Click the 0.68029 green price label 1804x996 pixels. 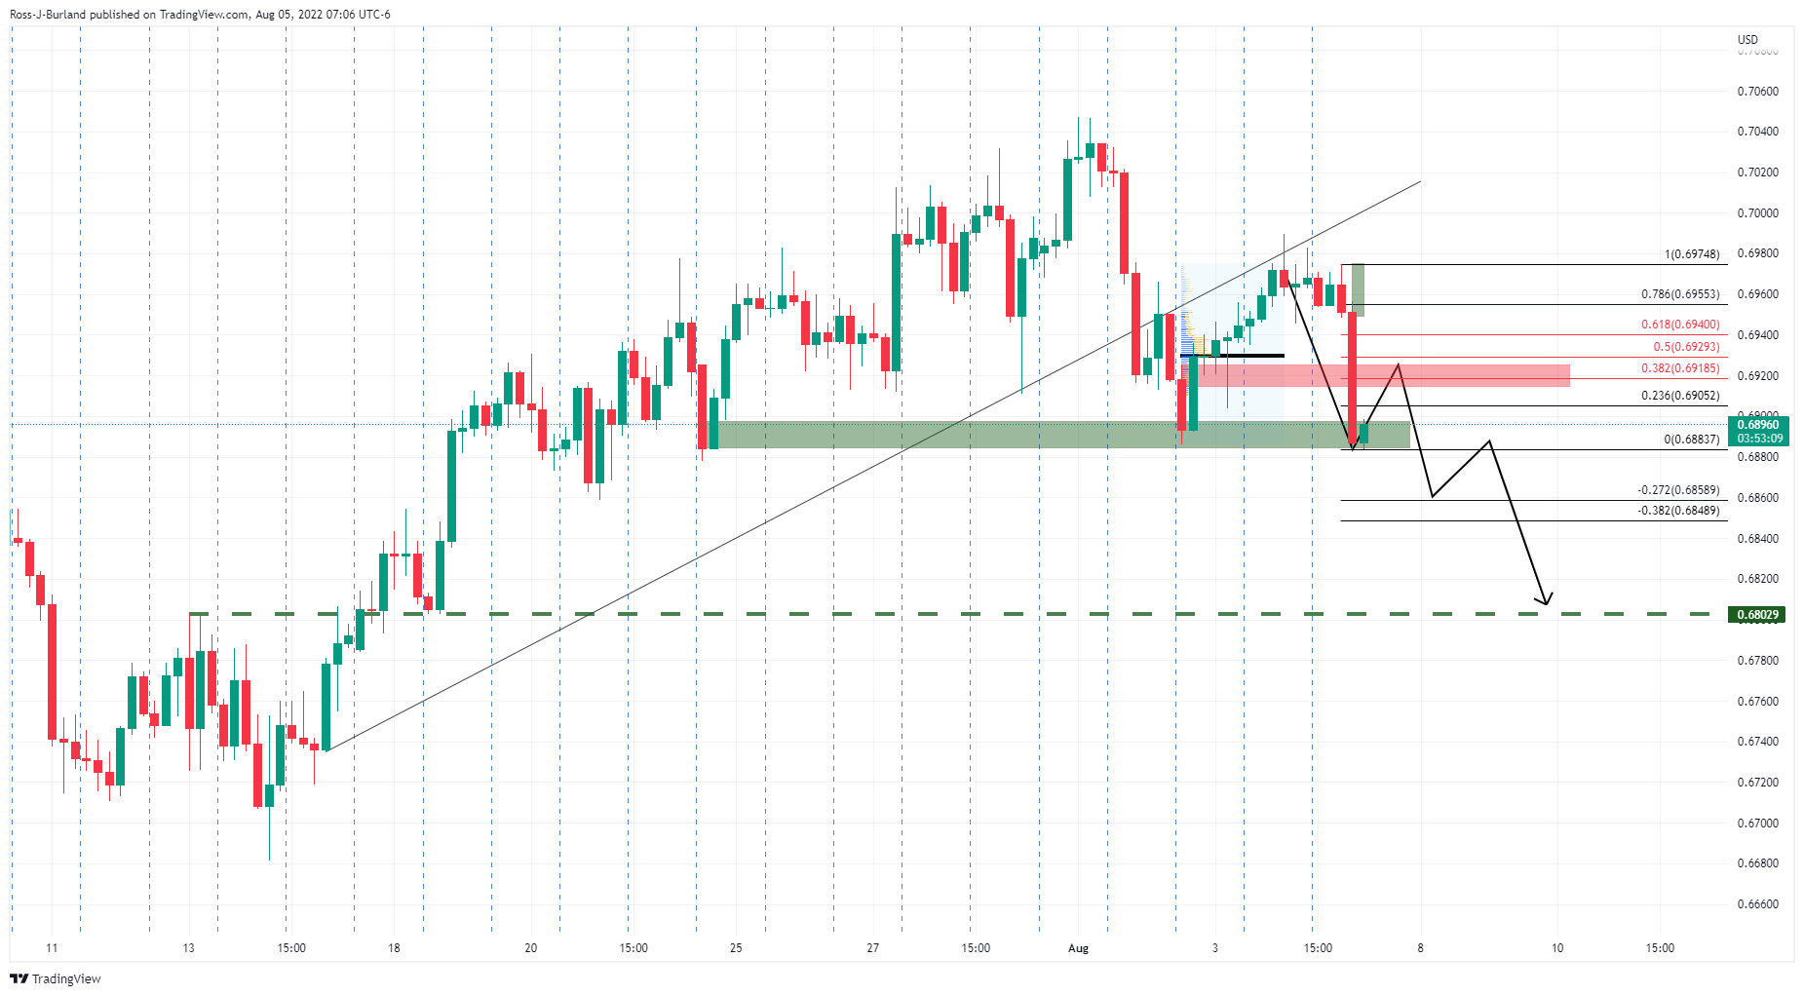point(1758,615)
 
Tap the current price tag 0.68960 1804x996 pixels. point(1758,425)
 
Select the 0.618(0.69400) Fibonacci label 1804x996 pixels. point(1680,325)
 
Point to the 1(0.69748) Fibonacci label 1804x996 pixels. point(1692,254)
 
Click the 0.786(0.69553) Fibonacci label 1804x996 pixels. point(1680,294)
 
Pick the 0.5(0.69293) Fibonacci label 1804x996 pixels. point(1686,347)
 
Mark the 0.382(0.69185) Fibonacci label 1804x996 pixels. point(1680,368)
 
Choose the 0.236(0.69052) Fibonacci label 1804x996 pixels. point(1680,396)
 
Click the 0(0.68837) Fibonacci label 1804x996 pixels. point(1692,440)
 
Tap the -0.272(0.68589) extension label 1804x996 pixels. point(1678,490)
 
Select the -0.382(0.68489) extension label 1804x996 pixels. point(1678,511)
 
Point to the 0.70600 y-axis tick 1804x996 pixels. point(1757,92)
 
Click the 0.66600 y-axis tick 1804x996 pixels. point(1757,904)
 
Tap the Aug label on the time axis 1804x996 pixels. point(1078,948)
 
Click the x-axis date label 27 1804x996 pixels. point(873,948)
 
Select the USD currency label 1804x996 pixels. point(1747,40)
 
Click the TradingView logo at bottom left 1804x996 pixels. point(56,978)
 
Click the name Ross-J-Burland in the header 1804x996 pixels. point(47,15)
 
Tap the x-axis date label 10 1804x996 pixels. point(1557,948)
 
